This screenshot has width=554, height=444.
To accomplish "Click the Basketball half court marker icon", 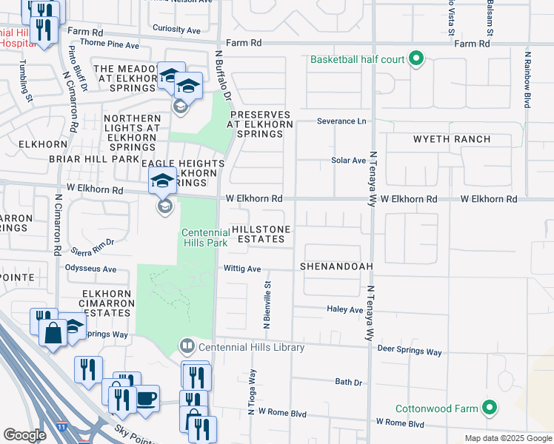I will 415,59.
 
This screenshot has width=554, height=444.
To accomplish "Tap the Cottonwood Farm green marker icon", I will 488,408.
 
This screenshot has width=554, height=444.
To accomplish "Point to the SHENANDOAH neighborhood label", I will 336,266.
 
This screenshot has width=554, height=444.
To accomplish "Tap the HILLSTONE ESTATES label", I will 258,235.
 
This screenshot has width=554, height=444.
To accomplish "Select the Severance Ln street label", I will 341,121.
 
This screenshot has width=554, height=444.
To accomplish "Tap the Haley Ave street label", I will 345,309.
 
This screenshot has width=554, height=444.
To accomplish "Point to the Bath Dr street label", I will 348,383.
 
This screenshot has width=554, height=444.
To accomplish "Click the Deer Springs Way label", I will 409,349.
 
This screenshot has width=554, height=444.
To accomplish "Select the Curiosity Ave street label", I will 176,30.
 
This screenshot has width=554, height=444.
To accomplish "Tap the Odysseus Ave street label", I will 91,269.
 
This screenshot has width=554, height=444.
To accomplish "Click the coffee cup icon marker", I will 146,398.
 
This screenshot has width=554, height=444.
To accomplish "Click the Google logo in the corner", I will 24,435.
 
